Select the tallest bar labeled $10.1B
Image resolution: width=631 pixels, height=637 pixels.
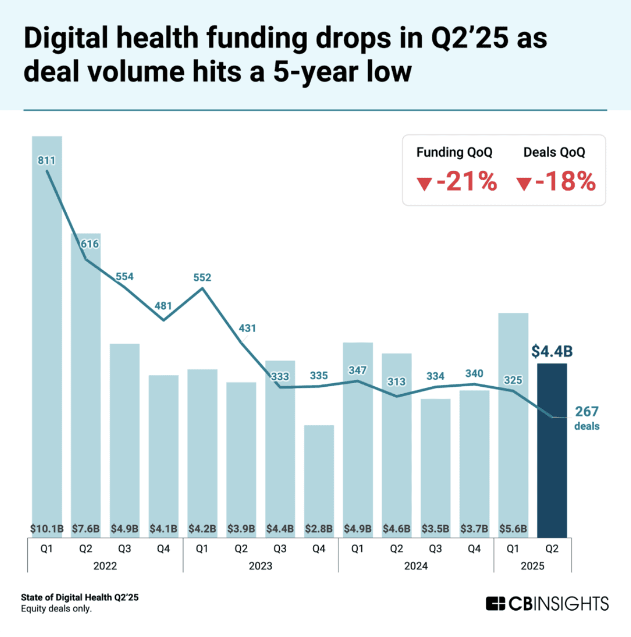click(47, 336)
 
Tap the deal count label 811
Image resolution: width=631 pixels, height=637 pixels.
click(46, 160)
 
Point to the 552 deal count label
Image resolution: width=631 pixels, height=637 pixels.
click(202, 278)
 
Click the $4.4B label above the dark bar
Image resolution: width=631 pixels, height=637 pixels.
click(552, 351)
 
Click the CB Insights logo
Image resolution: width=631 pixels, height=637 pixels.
click(547, 603)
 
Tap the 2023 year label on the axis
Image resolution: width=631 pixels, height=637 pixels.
click(260, 566)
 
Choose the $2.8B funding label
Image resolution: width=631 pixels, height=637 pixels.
click(319, 529)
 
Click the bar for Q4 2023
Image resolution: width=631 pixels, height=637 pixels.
click(319, 473)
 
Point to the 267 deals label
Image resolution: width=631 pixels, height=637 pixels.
click(587, 412)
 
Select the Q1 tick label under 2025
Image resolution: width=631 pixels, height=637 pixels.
click(513, 549)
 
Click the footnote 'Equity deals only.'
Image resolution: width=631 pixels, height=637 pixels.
click(56, 609)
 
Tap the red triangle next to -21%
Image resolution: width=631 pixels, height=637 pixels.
click(424, 184)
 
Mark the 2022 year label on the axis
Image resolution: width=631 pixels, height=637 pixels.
click(105, 566)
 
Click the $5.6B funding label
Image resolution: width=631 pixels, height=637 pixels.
click(513, 529)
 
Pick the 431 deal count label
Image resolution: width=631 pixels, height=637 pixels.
click(247, 328)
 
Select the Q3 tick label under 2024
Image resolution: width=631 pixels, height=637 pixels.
click(435, 549)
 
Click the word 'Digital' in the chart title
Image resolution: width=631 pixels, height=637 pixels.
click(66, 38)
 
